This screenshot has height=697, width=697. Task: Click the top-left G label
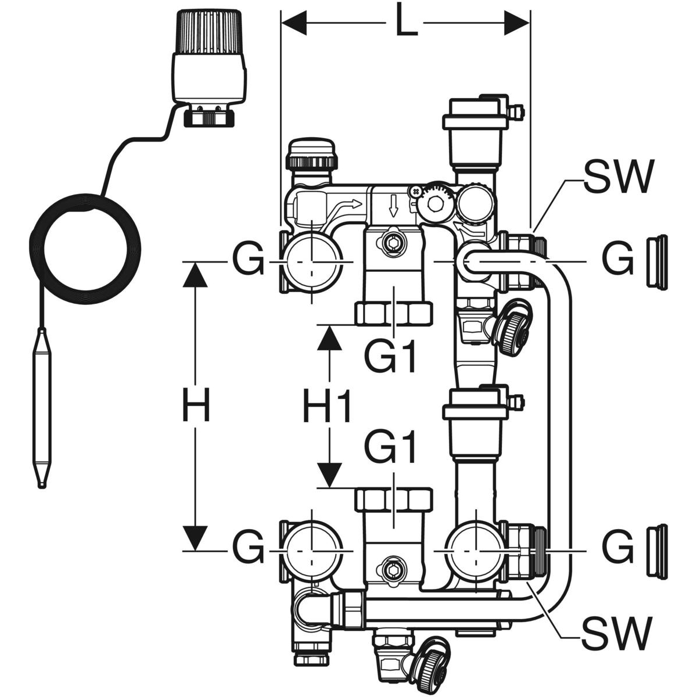pos(248,260)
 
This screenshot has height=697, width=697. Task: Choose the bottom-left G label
pos(248,548)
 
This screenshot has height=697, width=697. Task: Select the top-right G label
pos(617,260)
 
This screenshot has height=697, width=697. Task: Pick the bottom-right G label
pos(617,548)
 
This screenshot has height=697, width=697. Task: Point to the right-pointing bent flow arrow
pos(352,203)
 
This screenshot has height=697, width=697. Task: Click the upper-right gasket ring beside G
pos(658,261)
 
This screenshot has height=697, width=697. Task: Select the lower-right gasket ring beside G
pos(658,548)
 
